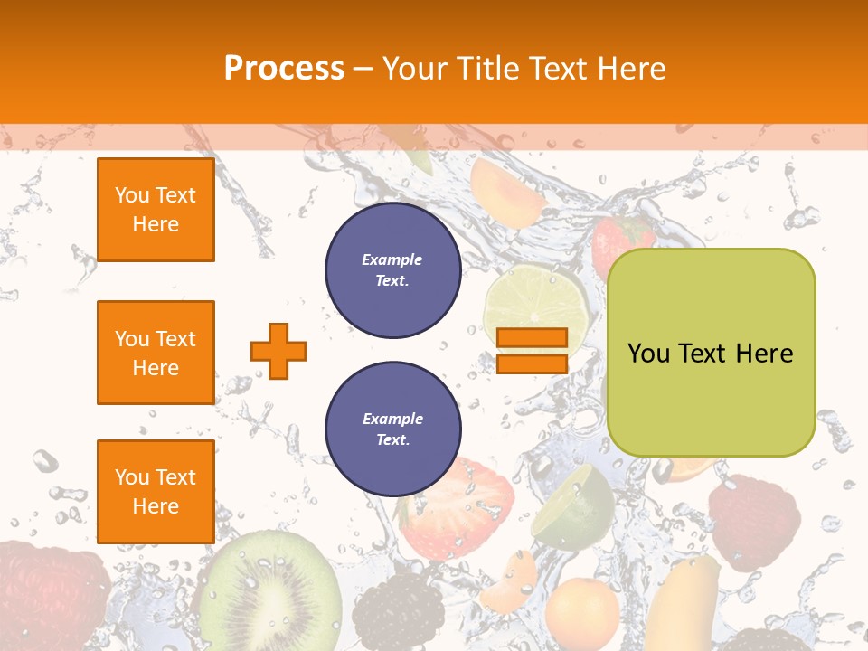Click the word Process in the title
pos(284,68)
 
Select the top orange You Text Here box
pos(156,210)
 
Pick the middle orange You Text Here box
pos(156,353)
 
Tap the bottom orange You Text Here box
pos(156,491)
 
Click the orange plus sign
pos(278,351)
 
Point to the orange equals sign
pos(532,351)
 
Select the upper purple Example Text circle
pos(392,270)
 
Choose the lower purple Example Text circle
pos(392,429)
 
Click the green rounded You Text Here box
pos(711,352)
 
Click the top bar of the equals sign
pos(532,338)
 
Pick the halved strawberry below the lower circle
pos(457,511)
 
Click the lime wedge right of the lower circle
pos(574,506)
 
